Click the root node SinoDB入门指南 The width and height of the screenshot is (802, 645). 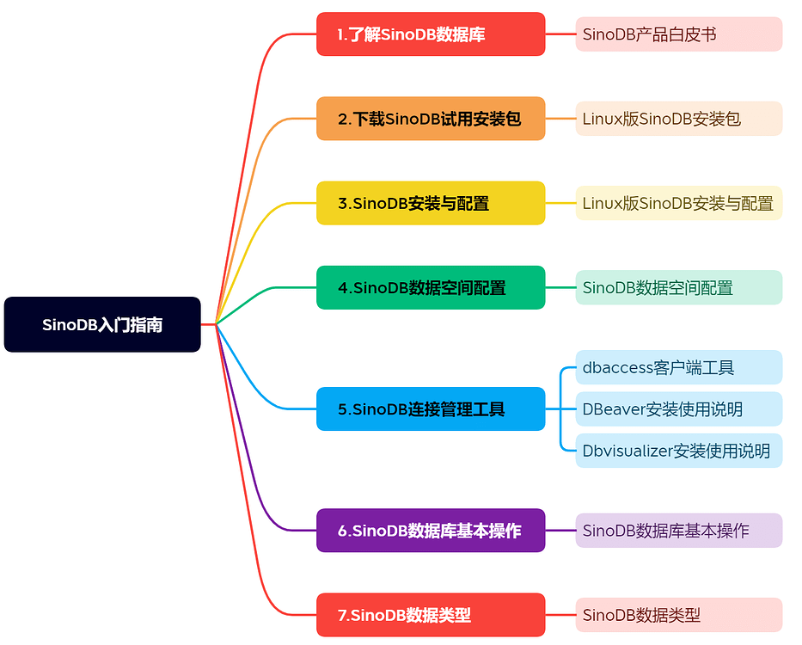pos(102,324)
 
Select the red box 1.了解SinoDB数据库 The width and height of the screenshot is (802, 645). pos(431,34)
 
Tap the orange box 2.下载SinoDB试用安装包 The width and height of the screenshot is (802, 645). pos(431,119)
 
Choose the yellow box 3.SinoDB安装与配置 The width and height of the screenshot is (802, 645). pos(431,203)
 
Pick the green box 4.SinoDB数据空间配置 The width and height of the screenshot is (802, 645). pos(431,287)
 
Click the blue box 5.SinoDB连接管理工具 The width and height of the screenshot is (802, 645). pos(431,408)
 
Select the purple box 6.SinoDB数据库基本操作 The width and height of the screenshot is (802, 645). pos(431,531)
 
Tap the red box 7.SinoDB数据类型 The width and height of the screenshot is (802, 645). pos(431,615)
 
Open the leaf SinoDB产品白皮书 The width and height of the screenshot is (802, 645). pos(678,34)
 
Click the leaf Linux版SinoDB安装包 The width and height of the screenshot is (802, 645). pos(678,119)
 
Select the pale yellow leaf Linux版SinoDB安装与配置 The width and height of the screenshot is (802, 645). pos(678,203)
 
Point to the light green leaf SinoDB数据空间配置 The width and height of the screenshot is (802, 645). pos(678,287)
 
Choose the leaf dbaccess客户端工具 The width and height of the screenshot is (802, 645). pos(678,367)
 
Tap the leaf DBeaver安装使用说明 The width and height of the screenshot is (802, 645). pos(678,408)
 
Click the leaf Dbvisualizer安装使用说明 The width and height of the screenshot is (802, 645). pos(678,450)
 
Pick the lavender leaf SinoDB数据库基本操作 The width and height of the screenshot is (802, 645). pos(678,531)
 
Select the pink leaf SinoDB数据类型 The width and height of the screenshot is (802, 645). pos(678,615)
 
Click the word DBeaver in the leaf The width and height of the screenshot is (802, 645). pos(613,409)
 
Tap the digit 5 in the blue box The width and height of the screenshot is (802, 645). pos(343,409)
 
